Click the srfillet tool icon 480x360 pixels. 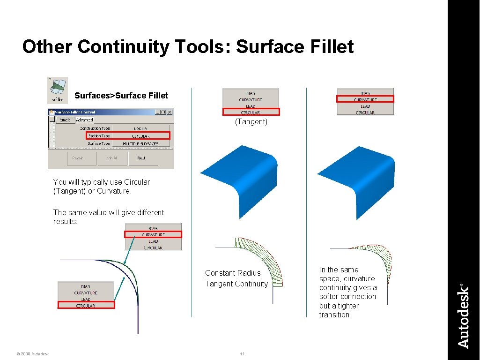(x=58, y=90)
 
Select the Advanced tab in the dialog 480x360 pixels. (x=84, y=120)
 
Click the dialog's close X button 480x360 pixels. (x=170, y=112)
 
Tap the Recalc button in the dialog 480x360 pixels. (x=78, y=158)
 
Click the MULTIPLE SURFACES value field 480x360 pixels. (x=140, y=143)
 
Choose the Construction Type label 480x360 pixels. (x=95, y=128)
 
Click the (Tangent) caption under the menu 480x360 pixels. (x=251, y=122)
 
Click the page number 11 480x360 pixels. (x=242, y=354)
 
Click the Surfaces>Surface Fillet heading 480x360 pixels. (x=121, y=96)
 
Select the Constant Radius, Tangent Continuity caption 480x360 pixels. (x=236, y=278)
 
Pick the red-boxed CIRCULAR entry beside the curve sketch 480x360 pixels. (x=86, y=305)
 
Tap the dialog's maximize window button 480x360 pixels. (x=163, y=112)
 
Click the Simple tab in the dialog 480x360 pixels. (x=65, y=120)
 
